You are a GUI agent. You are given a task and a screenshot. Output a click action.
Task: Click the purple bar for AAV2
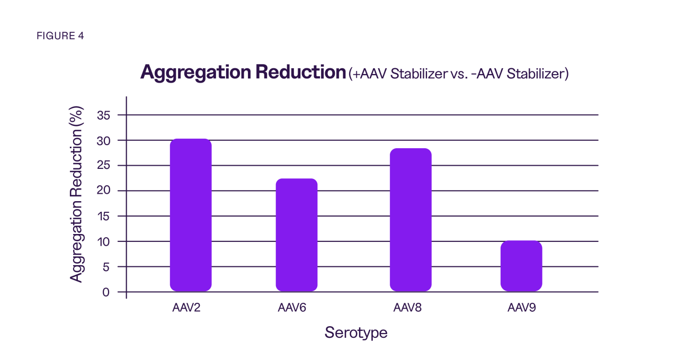(191, 215)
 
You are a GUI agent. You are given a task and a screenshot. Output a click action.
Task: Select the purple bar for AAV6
(297, 235)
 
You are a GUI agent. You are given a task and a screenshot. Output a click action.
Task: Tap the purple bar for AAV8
(411, 220)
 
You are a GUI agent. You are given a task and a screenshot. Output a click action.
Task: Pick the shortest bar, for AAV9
(521, 266)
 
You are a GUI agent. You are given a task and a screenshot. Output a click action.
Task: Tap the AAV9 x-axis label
(521, 308)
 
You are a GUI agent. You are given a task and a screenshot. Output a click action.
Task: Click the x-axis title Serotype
(356, 333)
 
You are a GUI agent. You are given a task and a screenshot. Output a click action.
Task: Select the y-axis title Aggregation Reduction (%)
(77, 194)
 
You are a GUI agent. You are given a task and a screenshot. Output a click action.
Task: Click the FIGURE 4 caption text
(60, 36)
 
